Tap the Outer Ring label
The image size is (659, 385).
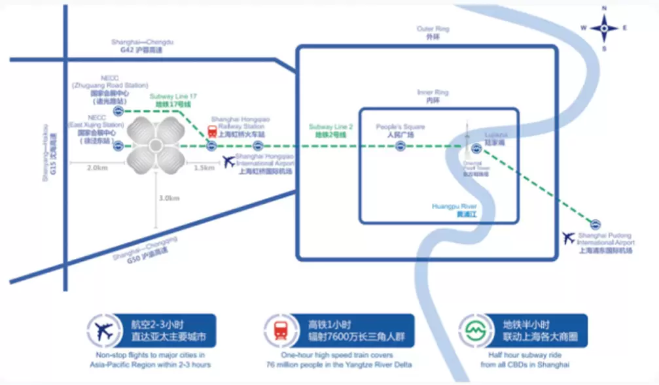433,33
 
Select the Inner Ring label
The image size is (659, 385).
433,96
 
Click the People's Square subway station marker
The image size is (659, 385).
400,146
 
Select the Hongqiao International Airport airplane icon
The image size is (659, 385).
228,161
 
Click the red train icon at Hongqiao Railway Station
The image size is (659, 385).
213,131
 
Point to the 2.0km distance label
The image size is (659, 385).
97,167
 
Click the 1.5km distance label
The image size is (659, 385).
204,167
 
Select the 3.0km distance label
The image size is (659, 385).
169,198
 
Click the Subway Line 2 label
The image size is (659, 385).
328,129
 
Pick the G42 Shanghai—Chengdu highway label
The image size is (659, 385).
142,46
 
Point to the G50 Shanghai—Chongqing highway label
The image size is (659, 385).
145,252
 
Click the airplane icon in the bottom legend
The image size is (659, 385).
104,331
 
